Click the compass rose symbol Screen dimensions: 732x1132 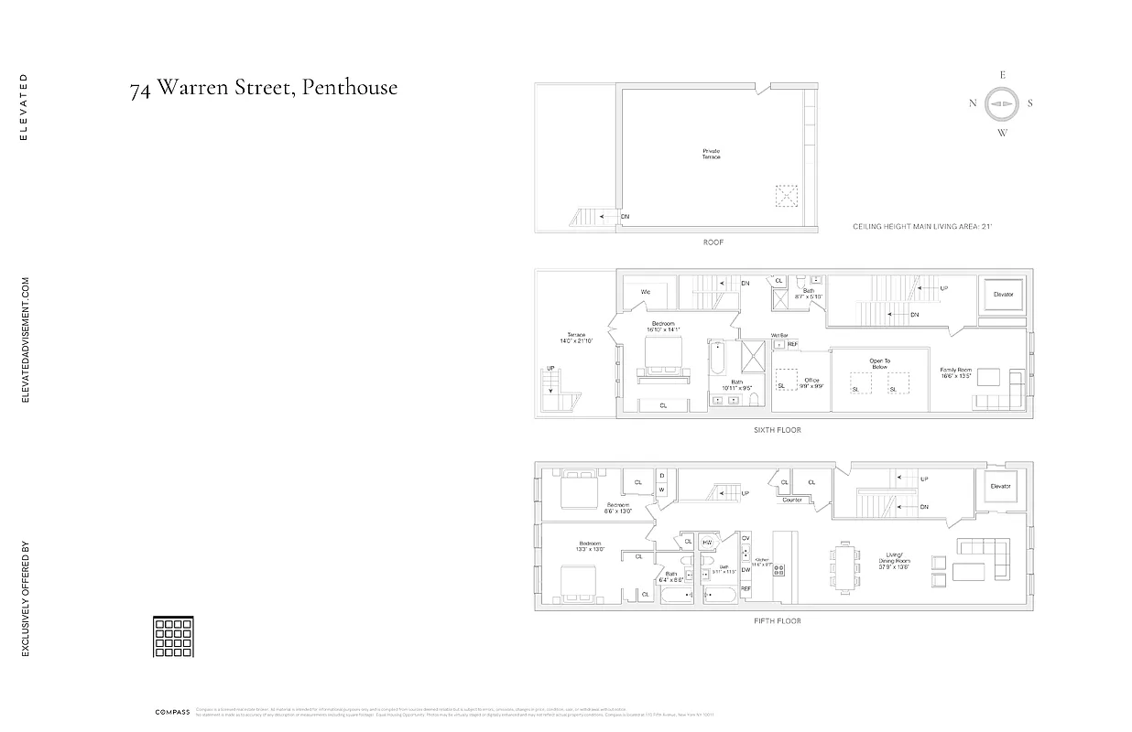click(1002, 103)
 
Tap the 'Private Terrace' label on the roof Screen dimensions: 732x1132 click(712, 154)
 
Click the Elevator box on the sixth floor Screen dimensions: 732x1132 click(1003, 295)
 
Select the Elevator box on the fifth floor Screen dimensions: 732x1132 click(999, 487)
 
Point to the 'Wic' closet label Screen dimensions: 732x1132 click(645, 292)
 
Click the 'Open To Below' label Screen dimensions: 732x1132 click(879, 363)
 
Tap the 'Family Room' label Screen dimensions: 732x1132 click(954, 371)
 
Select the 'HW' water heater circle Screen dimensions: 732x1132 click(707, 543)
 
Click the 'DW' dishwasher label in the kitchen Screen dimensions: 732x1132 click(746, 569)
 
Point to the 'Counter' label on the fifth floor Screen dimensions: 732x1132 click(792, 500)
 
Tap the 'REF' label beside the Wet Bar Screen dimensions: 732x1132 click(792, 344)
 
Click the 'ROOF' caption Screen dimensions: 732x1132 click(713, 242)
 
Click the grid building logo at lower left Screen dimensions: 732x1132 click(173, 637)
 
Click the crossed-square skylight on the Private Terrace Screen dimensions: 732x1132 click(787, 197)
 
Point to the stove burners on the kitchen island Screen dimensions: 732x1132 click(781, 570)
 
